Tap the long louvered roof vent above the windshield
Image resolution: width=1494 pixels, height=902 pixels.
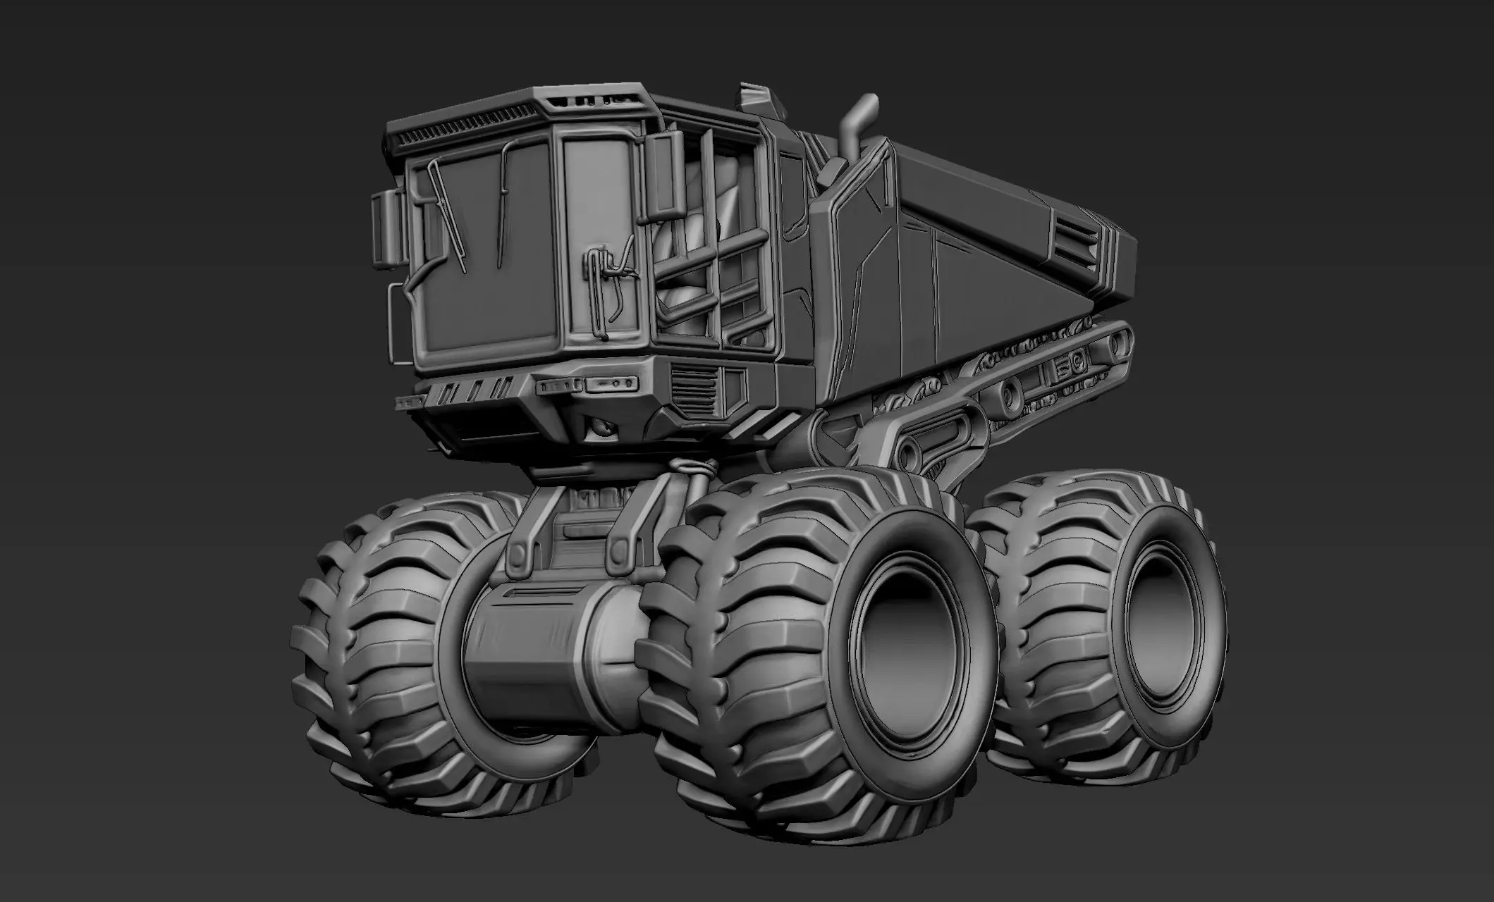coord(458,130)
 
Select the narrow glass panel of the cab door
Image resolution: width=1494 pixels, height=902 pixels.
coord(596,211)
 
